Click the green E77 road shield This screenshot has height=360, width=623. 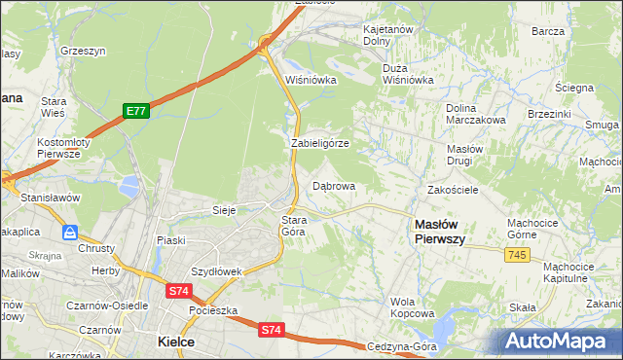(135, 112)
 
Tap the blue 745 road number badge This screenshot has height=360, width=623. (518, 254)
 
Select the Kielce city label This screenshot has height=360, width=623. (176, 342)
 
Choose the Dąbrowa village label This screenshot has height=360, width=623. (334, 185)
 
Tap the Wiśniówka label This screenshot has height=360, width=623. (311, 80)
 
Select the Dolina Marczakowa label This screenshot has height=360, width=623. (474, 114)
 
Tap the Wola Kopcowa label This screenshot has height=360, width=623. (412, 307)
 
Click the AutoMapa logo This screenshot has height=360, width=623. (556, 341)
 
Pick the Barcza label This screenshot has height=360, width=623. (548, 31)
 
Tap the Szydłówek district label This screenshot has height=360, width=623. (216, 271)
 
